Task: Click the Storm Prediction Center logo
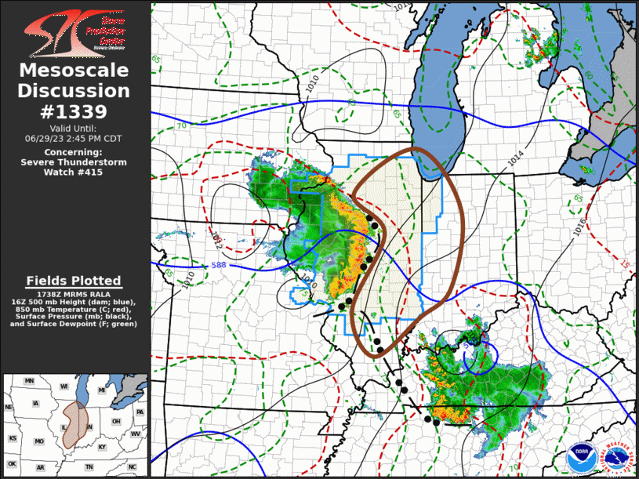point(74,31)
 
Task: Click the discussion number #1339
point(74,111)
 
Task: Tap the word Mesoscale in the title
point(74,71)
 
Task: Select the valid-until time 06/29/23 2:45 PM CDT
point(74,137)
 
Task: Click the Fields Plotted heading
point(74,280)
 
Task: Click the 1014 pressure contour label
point(515,157)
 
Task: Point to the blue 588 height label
point(220,267)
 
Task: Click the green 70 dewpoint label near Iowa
point(181,125)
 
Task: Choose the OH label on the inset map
point(115,421)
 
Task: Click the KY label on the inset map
point(102,447)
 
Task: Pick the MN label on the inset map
point(30,381)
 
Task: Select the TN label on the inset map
point(89,466)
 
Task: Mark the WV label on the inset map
point(135,434)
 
